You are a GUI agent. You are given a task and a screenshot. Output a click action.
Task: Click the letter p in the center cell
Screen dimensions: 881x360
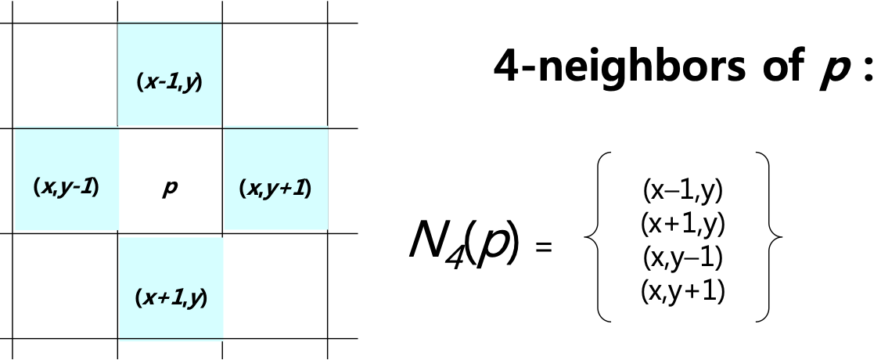170,189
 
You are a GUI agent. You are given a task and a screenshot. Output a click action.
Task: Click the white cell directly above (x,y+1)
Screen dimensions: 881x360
275,76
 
